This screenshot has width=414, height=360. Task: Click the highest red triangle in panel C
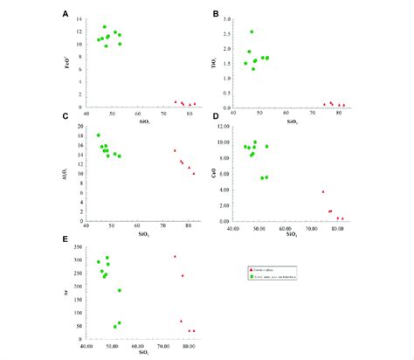175,150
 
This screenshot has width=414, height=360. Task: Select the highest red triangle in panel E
175,256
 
